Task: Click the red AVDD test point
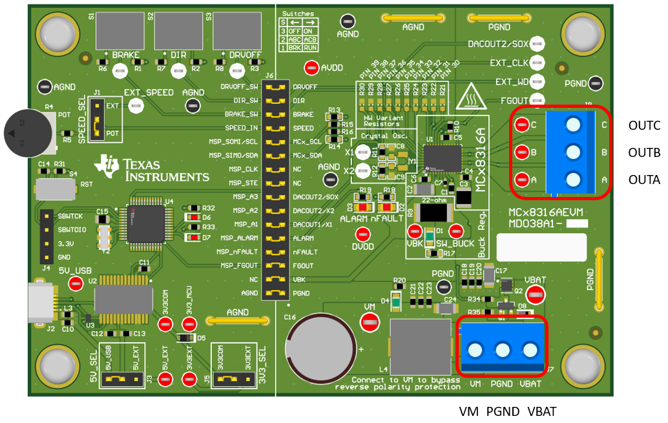click(x=311, y=67)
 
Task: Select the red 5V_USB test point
click(x=76, y=282)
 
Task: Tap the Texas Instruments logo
click(x=152, y=169)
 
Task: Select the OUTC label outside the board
click(x=643, y=126)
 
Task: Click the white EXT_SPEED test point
click(x=136, y=107)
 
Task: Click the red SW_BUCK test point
click(x=457, y=231)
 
